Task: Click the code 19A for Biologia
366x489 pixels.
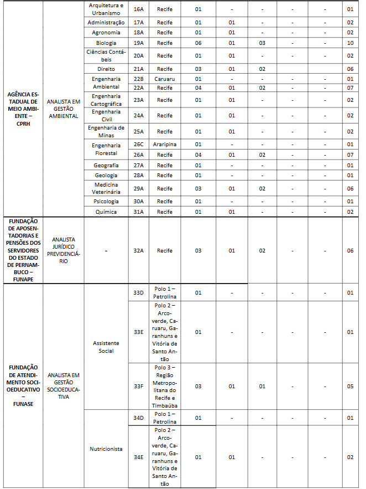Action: point(138,43)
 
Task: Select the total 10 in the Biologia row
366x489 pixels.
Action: point(350,43)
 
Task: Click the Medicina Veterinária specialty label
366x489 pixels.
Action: point(106,188)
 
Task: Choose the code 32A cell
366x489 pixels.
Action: point(138,250)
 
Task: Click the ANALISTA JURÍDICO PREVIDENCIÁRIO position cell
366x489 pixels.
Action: point(63,250)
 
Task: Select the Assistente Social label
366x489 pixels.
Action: point(106,347)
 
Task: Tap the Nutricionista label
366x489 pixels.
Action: point(106,449)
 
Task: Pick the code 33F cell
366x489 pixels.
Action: point(138,386)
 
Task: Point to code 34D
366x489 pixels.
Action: point(138,418)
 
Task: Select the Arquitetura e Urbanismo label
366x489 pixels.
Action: point(106,9)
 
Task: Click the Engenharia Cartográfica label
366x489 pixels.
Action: point(106,100)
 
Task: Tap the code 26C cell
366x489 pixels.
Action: point(138,145)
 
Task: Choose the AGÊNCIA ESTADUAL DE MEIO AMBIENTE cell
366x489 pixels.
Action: point(23,109)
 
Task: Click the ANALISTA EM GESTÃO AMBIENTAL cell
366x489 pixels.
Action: point(63,109)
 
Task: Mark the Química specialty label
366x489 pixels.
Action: point(106,212)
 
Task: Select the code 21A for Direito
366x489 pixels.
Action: point(138,69)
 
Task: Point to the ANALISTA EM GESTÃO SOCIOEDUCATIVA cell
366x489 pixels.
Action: point(63,386)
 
